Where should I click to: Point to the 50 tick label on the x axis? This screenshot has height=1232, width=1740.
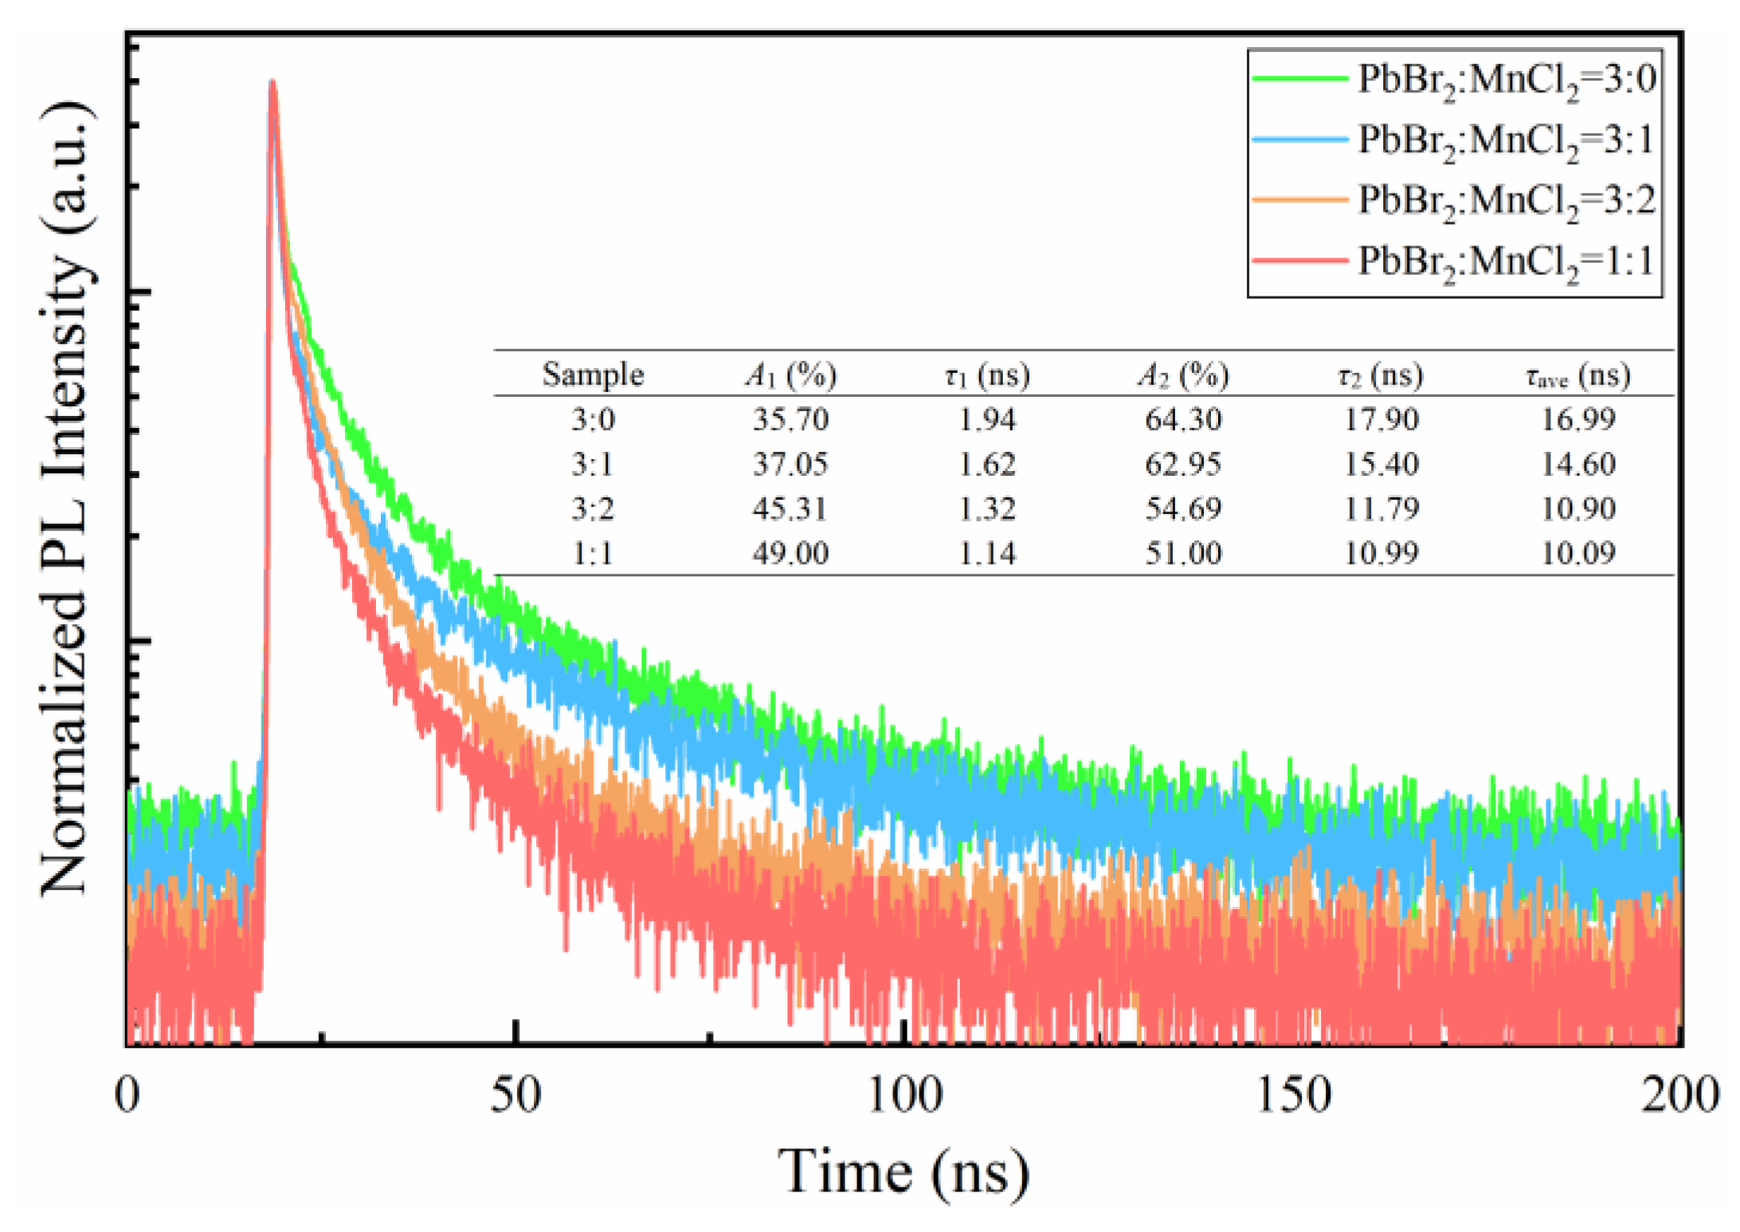pos(515,1095)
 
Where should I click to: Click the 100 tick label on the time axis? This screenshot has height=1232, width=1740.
pos(904,1095)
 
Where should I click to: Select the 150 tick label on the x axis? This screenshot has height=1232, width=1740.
pos(1293,1095)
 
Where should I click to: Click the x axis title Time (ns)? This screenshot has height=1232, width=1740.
pos(904,1171)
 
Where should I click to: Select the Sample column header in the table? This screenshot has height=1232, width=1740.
pos(593,375)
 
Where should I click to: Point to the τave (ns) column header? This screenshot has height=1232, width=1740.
pos(1577,375)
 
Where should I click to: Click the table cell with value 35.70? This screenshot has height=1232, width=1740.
pos(790,419)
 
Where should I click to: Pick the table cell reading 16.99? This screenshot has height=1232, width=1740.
pos(1577,419)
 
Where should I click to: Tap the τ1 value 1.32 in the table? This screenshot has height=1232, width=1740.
pos(986,508)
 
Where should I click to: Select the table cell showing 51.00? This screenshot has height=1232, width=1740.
pos(1183,553)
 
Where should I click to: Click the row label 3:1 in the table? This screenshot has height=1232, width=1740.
pos(593,464)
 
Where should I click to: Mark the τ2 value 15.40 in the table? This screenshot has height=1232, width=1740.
pos(1381,464)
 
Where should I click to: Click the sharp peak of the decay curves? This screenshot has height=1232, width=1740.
pos(272,83)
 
